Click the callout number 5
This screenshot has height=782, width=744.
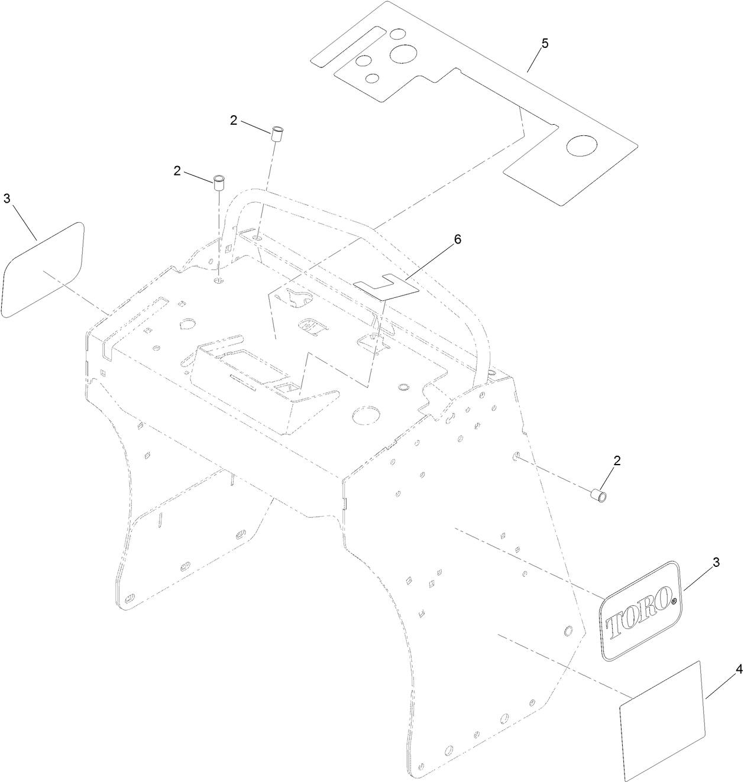(545, 43)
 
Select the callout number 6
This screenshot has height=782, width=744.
(457, 239)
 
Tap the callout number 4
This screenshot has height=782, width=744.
(739, 670)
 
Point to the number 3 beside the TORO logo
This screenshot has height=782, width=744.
(716, 563)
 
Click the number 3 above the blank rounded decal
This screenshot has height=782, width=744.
(7, 199)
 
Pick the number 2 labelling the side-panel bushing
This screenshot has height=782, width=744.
(617, 460)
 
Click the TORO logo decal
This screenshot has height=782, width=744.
(641, 611)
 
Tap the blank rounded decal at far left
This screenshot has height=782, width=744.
(43, 270)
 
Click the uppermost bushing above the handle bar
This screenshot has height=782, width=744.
(277, 133)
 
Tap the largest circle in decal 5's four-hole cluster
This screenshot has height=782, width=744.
(403, 54)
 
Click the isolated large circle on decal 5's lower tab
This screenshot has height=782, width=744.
(581, 145)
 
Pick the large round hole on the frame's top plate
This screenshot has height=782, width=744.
(366, 415)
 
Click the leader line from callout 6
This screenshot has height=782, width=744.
(429, 261)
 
